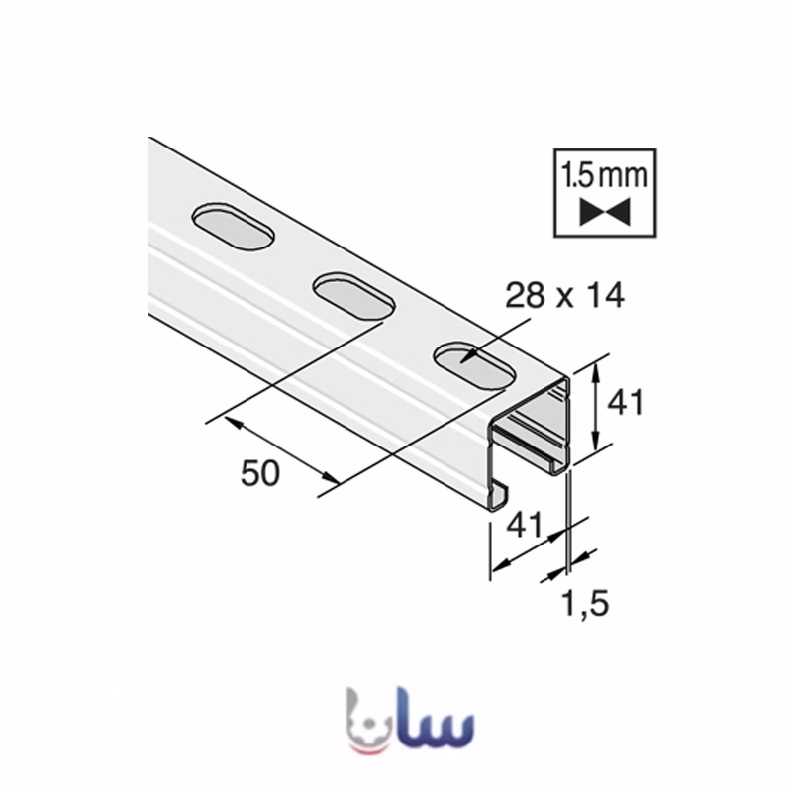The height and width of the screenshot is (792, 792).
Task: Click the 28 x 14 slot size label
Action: pos(564,296)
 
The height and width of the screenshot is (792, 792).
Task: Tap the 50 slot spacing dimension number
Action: pos(260,474)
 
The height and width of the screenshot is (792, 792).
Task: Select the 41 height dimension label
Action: pos(626,403)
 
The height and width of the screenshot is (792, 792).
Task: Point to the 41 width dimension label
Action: pos(525,525)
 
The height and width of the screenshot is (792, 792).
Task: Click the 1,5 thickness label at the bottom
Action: pos(586,604)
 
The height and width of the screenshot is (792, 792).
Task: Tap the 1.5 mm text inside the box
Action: pos(605,175)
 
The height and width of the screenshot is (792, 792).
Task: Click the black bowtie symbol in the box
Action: pos(605,211)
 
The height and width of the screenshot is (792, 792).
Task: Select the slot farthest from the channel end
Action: pos(233,227)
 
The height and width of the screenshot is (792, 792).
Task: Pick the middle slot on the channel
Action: pos(353,296)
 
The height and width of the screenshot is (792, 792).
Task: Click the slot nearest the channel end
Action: pos(474,366)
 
